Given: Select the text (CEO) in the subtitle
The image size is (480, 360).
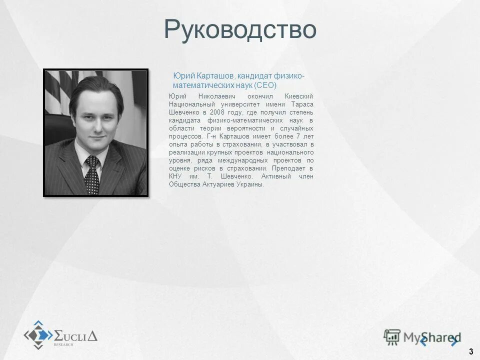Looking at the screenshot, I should click(265, 85).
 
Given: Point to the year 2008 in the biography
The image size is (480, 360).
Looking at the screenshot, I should click(210, 112).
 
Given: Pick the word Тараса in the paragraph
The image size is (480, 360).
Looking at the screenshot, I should click(302, 104).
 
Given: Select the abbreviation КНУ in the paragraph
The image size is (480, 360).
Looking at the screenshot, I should click(175, 176).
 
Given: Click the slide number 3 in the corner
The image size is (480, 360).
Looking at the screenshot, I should click(471, 351).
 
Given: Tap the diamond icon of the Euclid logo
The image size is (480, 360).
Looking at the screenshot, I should click(38, 334).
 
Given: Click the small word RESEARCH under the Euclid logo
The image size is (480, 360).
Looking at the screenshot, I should click(63, 345).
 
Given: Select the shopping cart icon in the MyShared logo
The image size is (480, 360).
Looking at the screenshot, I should click(392, 337).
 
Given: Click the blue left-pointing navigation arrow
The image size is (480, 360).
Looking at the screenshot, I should click(423, 341).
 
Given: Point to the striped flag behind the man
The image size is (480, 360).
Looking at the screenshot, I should click(57, 92).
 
